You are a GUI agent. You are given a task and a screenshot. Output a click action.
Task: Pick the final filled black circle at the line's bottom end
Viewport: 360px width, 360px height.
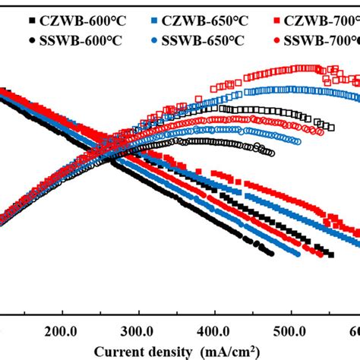tap(270, 254)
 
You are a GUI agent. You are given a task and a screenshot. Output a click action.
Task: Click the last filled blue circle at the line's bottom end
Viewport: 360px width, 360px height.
tap(297, 254)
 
